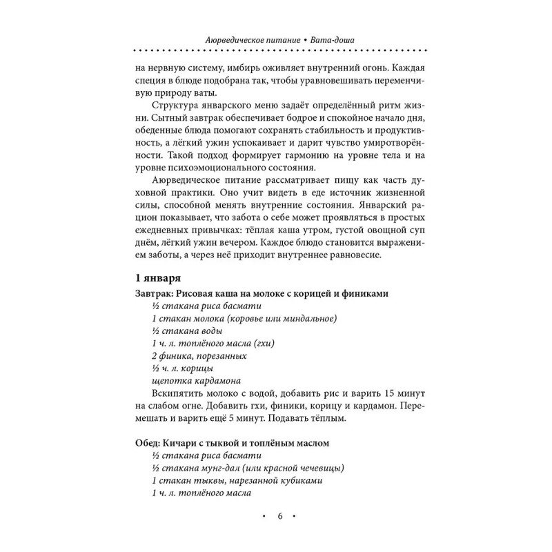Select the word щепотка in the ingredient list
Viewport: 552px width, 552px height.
[168, 380]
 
